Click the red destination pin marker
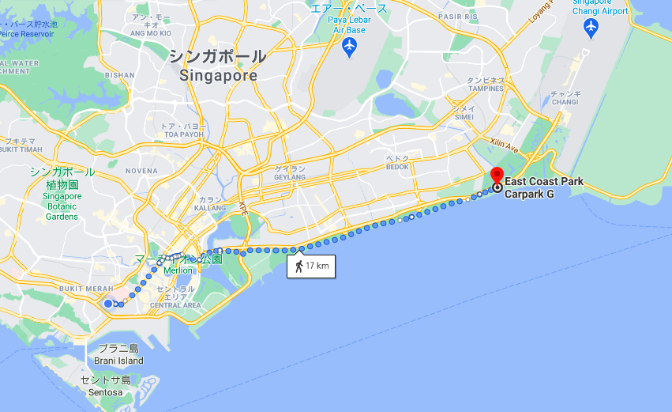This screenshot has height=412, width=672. click(x=497, y=176)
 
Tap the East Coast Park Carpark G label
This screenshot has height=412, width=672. click(x=544, y=187)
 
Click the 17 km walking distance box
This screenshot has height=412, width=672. click(x=311, y=266)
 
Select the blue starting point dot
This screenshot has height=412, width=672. click(x=108, y=303)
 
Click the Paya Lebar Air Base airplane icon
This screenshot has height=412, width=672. click(x=350, y=47)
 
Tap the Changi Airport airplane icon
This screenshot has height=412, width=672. click(x=591, y=28)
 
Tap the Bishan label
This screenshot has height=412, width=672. click(x=120, y=75)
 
